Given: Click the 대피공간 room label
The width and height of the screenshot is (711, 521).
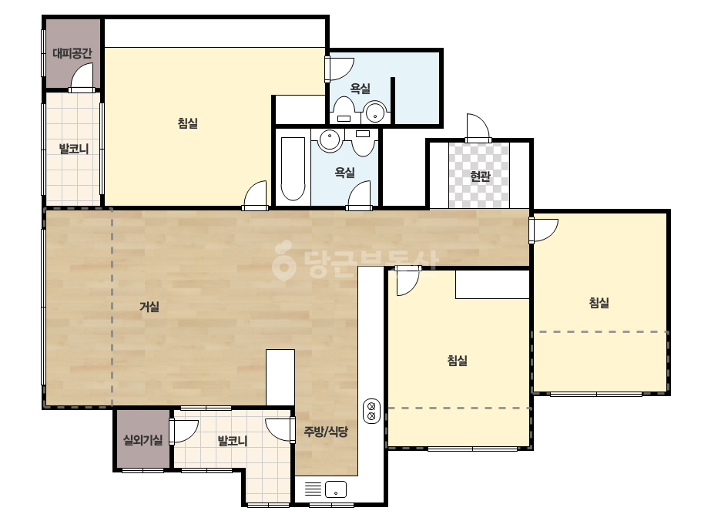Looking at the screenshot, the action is pyautogui.click(x=72, y=53).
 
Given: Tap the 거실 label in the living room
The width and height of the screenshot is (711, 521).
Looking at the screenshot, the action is pyautogui.click(x=149, y=307).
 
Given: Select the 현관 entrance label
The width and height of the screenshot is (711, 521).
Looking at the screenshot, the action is pyautogui.click(x=480, y=176).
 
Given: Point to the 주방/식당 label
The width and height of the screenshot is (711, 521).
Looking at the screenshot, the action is pyautogui.click(x=326, y=432).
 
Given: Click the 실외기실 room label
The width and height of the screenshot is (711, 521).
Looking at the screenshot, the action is pyautogui.click(x=143, y=440).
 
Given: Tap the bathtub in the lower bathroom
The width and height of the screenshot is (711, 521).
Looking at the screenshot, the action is pyautogui.click(x=293, y=168).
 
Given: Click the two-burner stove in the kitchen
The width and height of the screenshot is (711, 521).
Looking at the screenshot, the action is pyautogui.click(x=372, y=411).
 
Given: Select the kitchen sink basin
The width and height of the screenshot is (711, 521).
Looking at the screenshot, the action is pyautogui.click(x=336, y=489).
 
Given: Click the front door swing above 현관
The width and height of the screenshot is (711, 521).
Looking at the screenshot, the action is pyautogui.click(x=478, y=128).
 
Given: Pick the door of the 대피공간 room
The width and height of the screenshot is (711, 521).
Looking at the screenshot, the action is pyautogui.click(x=82, y=78).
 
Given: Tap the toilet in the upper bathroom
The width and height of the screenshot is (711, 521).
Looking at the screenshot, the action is pyautogui.click(x=344, y=110).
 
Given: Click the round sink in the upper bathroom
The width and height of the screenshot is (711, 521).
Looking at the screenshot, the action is pyautogui.click(x=375, y=112).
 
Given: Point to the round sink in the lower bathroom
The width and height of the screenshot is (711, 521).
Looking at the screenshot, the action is pyautogui.click(x=329, y=140).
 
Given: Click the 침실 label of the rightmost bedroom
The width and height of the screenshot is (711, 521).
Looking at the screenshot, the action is pyautogui.click(x=599, y=303).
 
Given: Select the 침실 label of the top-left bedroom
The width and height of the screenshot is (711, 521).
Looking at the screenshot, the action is pyautogui.click(x=187, y=123).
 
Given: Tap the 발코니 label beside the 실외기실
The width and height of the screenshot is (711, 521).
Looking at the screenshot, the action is pyautogui.click(x=232, y=441).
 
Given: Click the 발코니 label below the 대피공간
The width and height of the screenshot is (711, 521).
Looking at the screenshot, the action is pyautogui.click(x=73, y=149).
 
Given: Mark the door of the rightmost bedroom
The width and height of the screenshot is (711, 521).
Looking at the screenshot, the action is pyautogui.click(x=543, y=230).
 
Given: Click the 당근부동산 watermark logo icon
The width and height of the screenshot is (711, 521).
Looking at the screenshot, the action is pyautogui.click(x=283, y=260).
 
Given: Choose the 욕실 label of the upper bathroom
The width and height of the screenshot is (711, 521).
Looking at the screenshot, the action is pyautogui.click(x=360, y=89).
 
